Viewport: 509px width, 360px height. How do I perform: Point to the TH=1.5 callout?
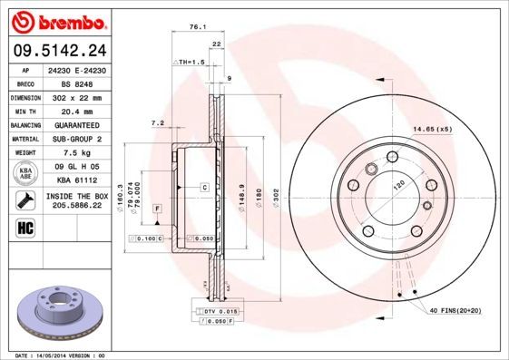[190, 61]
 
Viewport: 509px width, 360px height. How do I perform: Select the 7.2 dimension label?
[156, 122]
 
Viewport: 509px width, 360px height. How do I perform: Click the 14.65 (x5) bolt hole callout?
[433, 130]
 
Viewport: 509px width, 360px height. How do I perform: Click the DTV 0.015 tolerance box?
[218, 311]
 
